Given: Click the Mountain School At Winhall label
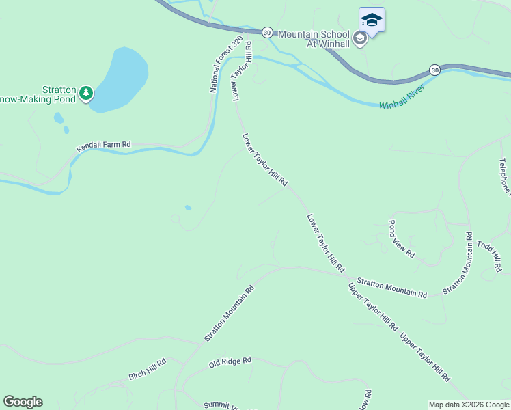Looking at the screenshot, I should [314, 39].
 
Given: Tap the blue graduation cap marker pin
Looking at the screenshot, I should [372, 20].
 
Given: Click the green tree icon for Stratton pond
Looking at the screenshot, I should [85, 92].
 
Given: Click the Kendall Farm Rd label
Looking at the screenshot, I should [103, 146].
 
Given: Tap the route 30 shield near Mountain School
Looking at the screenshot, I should [267, 32].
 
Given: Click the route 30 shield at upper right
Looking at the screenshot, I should [434, 70].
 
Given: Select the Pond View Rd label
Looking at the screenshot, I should [401, 238].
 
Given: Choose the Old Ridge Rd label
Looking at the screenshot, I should [230, 360].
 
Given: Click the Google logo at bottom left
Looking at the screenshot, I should [23, 402].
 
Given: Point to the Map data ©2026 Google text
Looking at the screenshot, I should [469, 405].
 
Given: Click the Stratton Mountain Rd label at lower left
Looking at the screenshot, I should [229, 313].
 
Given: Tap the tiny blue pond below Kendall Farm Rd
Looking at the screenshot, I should [188, 208].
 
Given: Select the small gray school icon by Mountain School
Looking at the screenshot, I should [360, 38].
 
